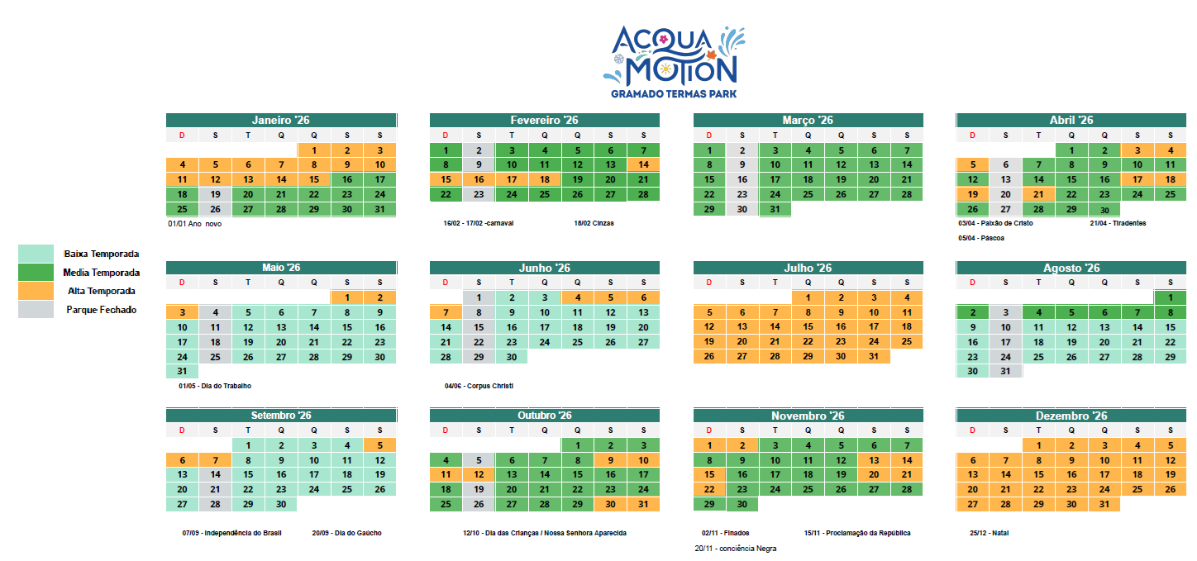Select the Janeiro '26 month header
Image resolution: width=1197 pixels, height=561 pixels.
click(281, 120)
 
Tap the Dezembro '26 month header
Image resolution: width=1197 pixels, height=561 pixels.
click(1071, 416)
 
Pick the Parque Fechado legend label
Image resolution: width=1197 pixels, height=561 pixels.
click(102, 310)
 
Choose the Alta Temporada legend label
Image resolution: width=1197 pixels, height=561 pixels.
click(102, 291)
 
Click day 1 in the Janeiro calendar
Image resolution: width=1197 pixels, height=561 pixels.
click(314, 150)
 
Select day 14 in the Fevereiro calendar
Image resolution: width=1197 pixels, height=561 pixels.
click(643, 164)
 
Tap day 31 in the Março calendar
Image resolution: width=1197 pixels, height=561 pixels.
click(775, 209)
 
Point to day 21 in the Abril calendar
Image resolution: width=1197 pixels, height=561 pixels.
click(1038, 194)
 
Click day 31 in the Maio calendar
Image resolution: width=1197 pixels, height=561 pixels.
click(183, 371)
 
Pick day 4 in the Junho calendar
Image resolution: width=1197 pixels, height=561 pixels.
click(578, 297)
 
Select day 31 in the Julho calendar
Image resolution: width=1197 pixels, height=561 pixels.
click(874, 356)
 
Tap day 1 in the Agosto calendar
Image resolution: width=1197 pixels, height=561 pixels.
click(1170, 297)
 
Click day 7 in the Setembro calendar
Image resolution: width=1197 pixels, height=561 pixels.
click(215, 460)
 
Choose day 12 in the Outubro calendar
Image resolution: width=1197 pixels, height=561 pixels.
click(479, 474)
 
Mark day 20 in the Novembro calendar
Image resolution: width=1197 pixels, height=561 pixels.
click(874, 474)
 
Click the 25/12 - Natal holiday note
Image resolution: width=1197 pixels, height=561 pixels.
click(989, 533)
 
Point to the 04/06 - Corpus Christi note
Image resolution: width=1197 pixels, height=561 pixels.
click(479, 386)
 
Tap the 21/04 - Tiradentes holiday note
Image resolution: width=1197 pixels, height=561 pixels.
click(1118, 223)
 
